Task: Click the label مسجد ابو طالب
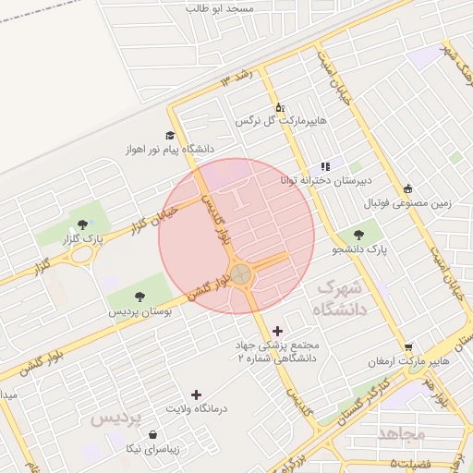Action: coord(233,7)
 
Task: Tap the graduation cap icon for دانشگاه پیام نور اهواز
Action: coord(170,135)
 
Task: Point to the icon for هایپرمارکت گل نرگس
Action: coord(280,107)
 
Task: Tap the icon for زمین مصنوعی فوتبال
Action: coord(407,188)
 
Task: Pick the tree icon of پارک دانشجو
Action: coord(358,235)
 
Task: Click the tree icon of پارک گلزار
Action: coord(84,224)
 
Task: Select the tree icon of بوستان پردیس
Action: coord(139,297)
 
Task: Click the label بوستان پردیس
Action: coord(139,312)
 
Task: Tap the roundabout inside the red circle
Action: coord(240,273)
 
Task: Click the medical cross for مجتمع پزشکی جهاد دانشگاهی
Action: coord(277,330)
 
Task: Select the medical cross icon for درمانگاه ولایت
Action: coord(196,394)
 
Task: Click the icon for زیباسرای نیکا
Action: coord(152,434)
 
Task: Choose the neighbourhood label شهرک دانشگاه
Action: coord(342,298)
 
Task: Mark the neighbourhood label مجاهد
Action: coord(401,431)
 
